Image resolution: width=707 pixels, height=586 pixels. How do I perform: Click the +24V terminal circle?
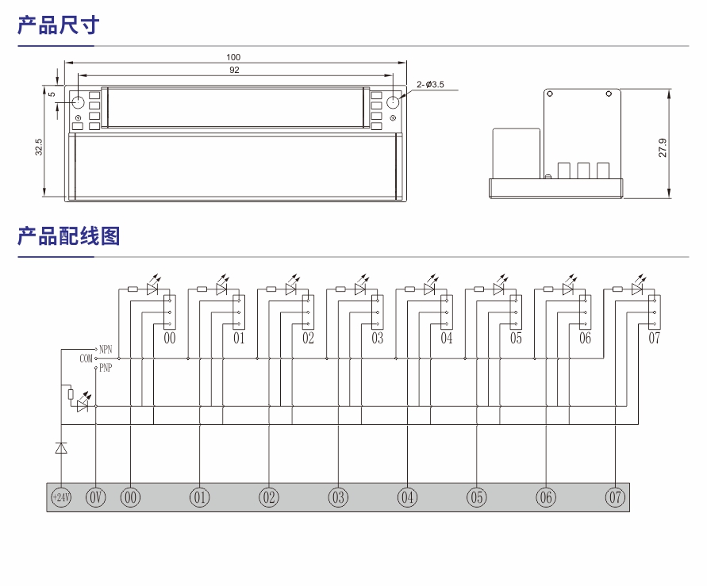click(61, 498)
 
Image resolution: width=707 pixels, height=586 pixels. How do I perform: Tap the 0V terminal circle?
click(95, 498)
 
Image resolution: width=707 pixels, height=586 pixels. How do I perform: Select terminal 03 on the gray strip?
click(339, 498)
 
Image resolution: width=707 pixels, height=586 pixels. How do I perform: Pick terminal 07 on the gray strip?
click(615, 498)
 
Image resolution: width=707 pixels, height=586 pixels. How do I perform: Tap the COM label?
click(86, 358)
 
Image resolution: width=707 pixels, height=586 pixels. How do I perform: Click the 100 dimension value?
click(233, 57)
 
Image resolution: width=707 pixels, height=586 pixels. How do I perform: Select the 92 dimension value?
click(234, 70)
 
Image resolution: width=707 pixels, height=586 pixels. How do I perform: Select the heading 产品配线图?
click(68, 236)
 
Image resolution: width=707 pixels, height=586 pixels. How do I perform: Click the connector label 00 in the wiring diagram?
click(170, 339)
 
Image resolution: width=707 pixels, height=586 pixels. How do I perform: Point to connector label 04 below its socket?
click(447, 339)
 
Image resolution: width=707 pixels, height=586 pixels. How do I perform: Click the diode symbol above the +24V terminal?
click(61, 448)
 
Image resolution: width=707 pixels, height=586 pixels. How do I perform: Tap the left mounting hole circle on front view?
click(78, 102)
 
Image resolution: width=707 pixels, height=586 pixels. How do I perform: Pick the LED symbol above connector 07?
click(637, 289)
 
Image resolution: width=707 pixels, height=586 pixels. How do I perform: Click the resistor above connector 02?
click(271, 289)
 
